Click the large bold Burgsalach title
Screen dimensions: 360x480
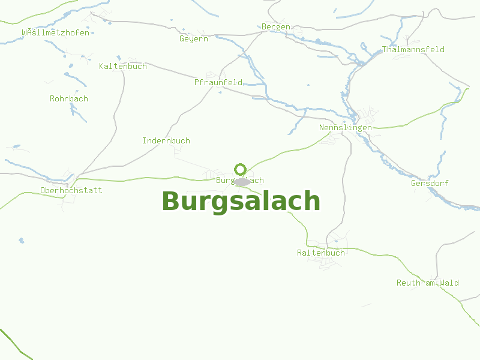click(x=241, y=202)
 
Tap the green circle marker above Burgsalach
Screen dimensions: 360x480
click(x=241, y=169)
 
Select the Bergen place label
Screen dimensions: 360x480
click(x=276, y=27)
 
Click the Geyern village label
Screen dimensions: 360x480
click(x=194, y=39)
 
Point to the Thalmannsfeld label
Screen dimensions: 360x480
click(x=413, y=50)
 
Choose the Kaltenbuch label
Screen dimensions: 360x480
click(x=123, y=67)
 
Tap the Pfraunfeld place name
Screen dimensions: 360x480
click(x=218, y=82)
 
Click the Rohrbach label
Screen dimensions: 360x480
click(x=69, y=98)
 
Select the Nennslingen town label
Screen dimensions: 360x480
click(x=346, y=128)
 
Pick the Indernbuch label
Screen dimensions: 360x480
click(x=166, y=141)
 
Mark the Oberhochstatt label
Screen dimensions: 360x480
click(x=71, y=191)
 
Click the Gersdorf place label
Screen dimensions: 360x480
click(x=430, y=184)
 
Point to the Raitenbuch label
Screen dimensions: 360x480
click(x=321, y=253)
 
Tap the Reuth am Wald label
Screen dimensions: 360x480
click(x=428, y=283)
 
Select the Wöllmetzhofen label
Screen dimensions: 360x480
click(x=56, y=33)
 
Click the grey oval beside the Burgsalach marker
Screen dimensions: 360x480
click(x=242, y=182)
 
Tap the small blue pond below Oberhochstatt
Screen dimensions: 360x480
click(x=22, y=241)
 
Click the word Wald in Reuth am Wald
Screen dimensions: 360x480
click(x=449, y=283)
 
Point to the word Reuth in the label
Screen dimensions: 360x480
click(x=408, y=283)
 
